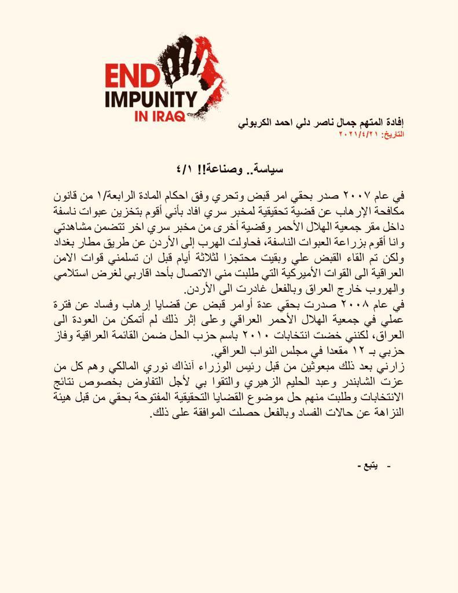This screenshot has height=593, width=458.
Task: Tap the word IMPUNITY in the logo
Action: (151, 97)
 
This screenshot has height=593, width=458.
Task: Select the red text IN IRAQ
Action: (159, 116)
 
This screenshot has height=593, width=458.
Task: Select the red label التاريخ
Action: (392, 134)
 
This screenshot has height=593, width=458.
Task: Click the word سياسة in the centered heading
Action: (270, 169)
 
